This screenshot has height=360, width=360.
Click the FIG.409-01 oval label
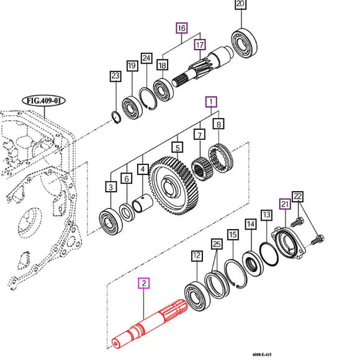click(43, 101)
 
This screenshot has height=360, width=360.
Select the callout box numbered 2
click(144, 283)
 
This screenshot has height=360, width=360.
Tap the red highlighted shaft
click(149, 325)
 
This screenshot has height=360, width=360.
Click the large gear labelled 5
click(174, 186)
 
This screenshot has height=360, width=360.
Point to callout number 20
click(240, 4)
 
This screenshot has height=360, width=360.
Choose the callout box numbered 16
click(182, 28)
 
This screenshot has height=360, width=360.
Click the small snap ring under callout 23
click(116, 117)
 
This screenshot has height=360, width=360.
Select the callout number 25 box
click(217, 244)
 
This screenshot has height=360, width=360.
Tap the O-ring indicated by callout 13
click(269, 254)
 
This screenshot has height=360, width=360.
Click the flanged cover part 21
click(289, 243)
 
